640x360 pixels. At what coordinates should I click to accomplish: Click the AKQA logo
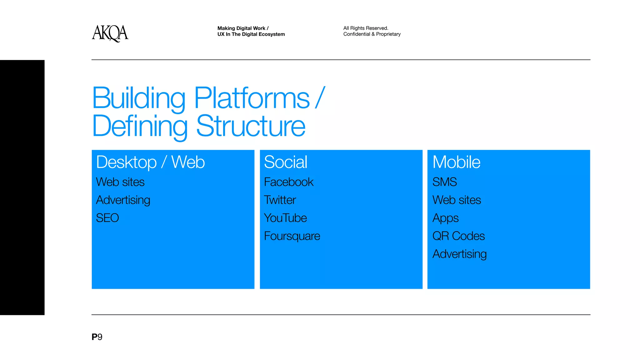pyautogui.click(x=110, y=33)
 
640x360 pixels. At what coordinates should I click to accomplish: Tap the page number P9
pyautogui.click(x=97, y=337)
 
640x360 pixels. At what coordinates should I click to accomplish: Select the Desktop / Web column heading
pyautogui.click(x=150, y=162)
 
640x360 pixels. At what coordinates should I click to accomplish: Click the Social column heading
pyautogui.click(x=286, y=162)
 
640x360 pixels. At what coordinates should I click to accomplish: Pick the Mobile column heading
pyautogui.click(x=456, y=162)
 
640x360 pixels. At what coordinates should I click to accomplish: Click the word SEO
pyautogui.click(x=107, y=218)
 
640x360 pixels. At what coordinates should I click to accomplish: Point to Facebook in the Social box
pyautogui.click(x=288, y=182)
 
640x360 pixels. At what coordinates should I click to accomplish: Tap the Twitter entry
pyautogui.click(x=280, y=200)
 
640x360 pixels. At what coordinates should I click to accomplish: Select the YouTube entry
pyautogui.click(x=285, y=218)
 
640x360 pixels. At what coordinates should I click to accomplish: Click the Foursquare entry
pyautogui.click(x=292, y=236)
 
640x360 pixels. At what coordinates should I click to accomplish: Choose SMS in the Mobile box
pyautogui.click(x=444, y=182)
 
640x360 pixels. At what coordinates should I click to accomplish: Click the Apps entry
pyautogui.click(x=445, y=218)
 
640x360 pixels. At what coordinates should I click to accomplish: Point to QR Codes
pyautogui.click(x=458, y=236)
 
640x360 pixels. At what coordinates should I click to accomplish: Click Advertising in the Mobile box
pyautogui.click(x=459, y=254)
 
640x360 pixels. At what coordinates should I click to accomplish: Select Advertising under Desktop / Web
pyautogui.click(x=123, y=200)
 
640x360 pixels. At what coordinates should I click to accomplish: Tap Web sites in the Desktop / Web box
pyautogui.click(x=120, y=182)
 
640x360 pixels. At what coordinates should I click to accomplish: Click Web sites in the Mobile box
pyautogui.click(x=457, y=200)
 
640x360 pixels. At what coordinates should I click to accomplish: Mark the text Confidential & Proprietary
pyautogui.click(x=372, y=34)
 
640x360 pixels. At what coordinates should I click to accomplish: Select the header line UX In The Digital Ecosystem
pyautogui.click(x=251, y=34)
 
